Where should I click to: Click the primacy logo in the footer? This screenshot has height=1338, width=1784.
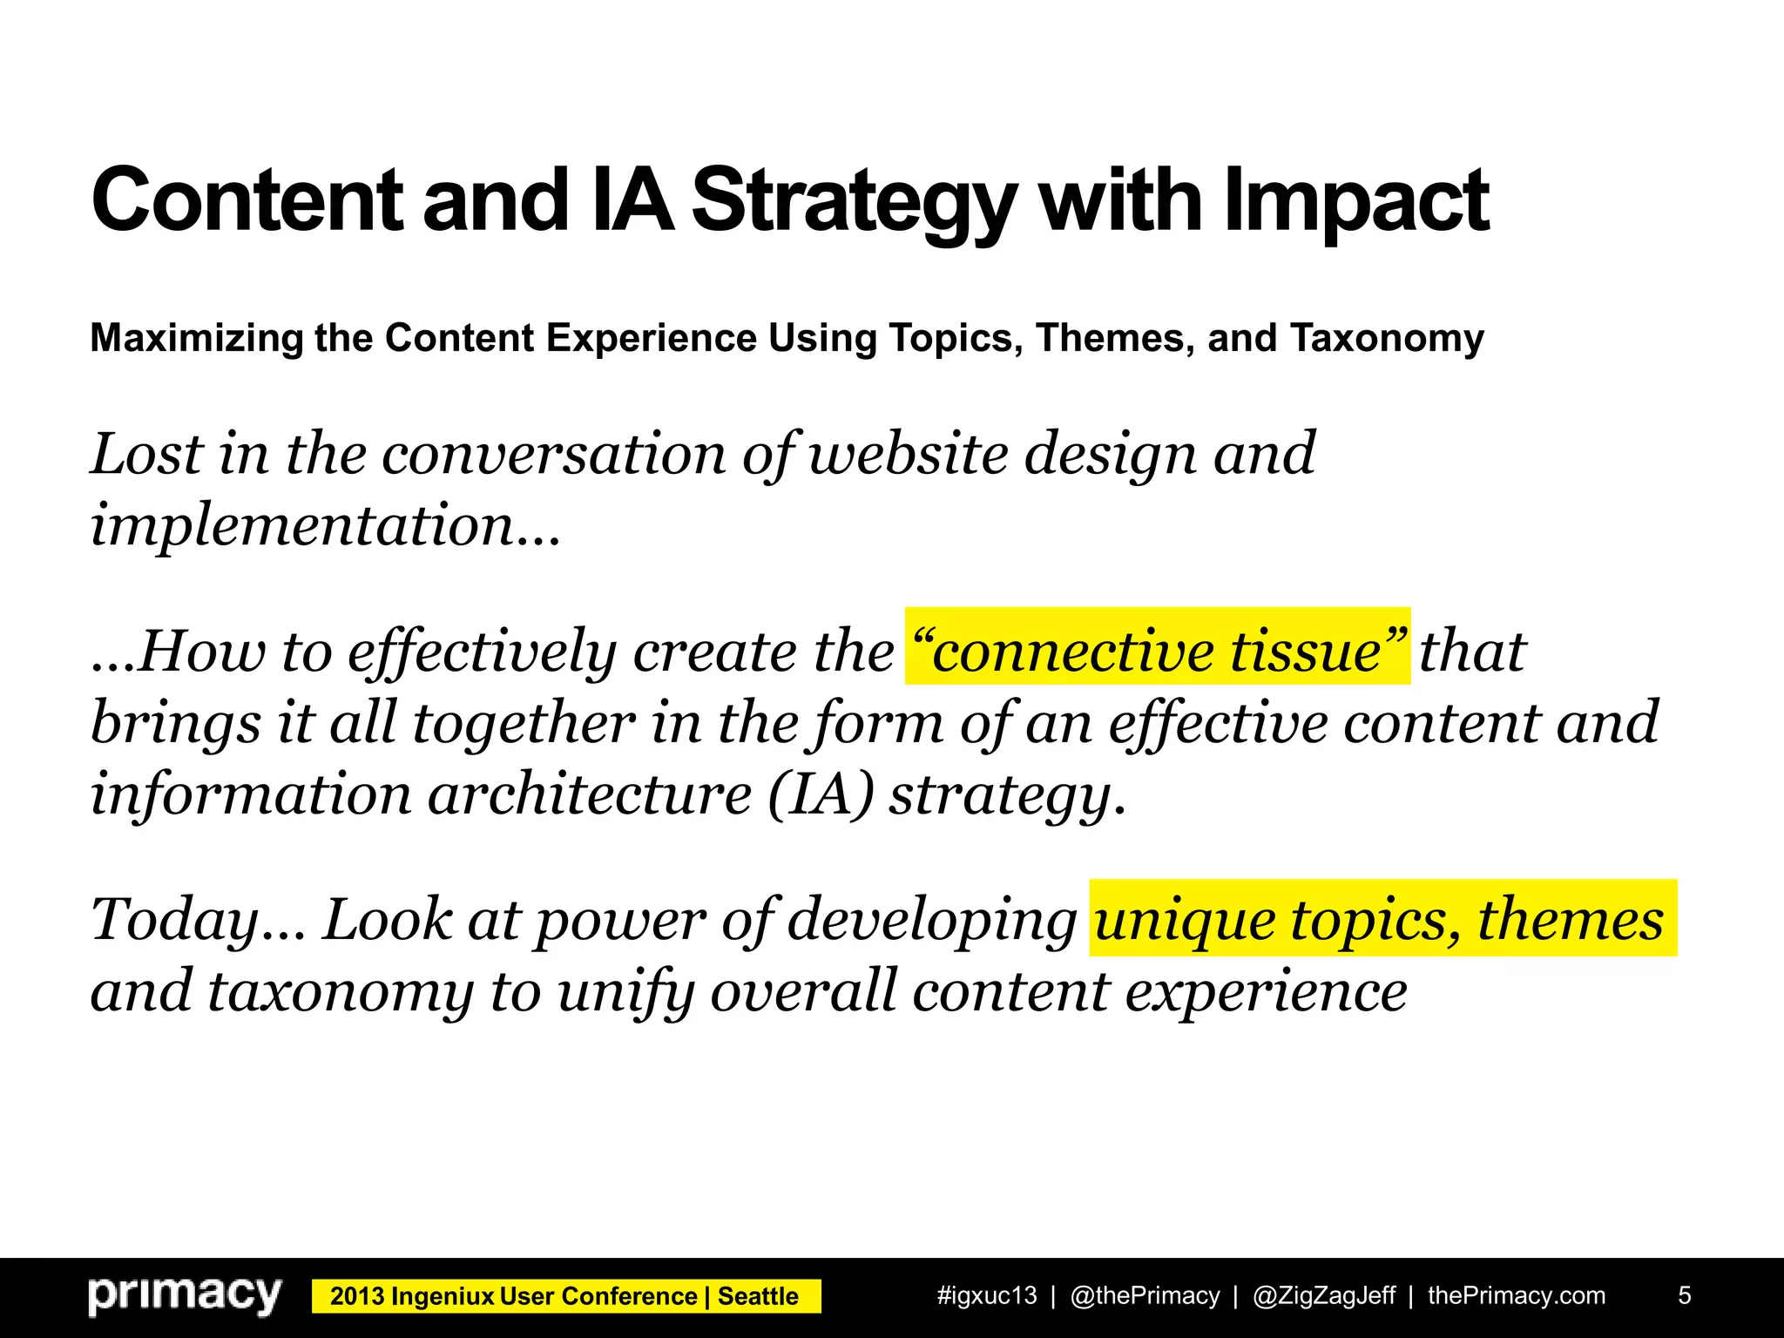click(x=185, y=1296)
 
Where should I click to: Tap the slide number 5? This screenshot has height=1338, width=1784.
click(x=1684, y=1296)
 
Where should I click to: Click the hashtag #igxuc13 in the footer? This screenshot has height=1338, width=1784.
click(x=986, y=1296)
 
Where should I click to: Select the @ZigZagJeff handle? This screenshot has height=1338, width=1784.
click(x=1323, y=1296)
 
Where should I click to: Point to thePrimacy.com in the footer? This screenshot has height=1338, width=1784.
click(x=1516, y=1296)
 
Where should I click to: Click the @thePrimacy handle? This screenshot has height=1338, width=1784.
click(x=1145, y=1296)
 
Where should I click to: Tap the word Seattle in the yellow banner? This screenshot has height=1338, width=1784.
click(x=758, y=1297)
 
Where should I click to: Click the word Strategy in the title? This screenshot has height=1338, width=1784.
click(x=854, y=202)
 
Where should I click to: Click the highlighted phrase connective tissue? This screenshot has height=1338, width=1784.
click(x=1157, y=650)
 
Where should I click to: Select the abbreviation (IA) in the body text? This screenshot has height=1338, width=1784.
click(x=821, y=794)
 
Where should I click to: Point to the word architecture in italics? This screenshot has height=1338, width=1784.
click(x=590, y=794)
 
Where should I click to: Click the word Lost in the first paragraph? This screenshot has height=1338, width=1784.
click(x=147, y=454)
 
